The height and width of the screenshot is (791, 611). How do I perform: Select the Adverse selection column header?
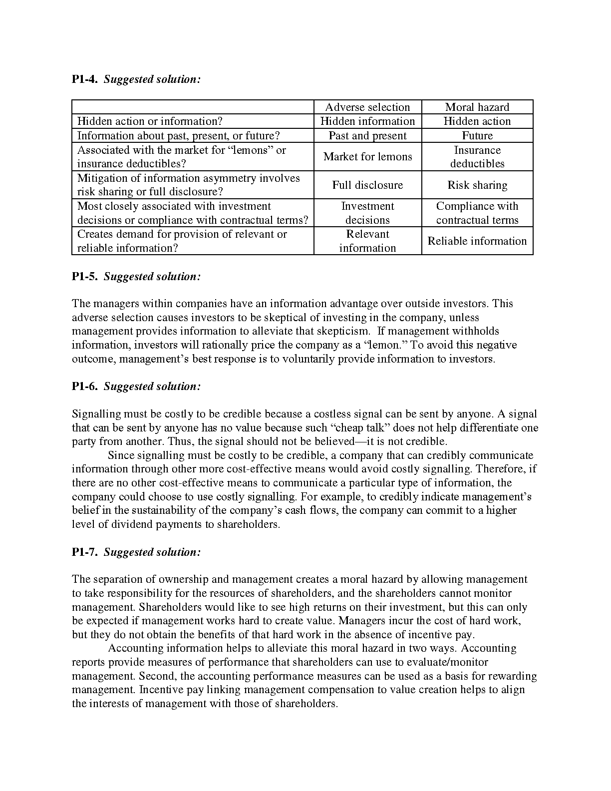(x=367, y=107)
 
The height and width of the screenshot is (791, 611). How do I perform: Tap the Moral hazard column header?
(x=477, y=107)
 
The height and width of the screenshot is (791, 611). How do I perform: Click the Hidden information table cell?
(x=367, y=121)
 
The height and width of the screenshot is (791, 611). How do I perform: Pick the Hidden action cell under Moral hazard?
(x=477, y=121)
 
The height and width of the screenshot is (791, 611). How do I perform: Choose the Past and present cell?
(x=367, y=136)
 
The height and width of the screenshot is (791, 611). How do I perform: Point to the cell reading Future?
(x=477, y=136)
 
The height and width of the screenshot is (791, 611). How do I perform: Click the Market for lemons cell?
(x=367, y=157)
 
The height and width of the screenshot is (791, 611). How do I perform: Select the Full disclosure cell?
(x=367, y=185)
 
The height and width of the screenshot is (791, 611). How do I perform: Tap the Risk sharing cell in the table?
(x=477, y=185)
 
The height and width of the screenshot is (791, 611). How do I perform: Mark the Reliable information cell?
(x=477, y=241)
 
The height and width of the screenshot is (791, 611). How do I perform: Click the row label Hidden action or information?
(x=150, y=121)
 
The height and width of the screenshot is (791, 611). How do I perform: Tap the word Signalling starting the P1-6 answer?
(x=96, y=414)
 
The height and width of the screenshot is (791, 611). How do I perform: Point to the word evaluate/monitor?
(x=446, y=662)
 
